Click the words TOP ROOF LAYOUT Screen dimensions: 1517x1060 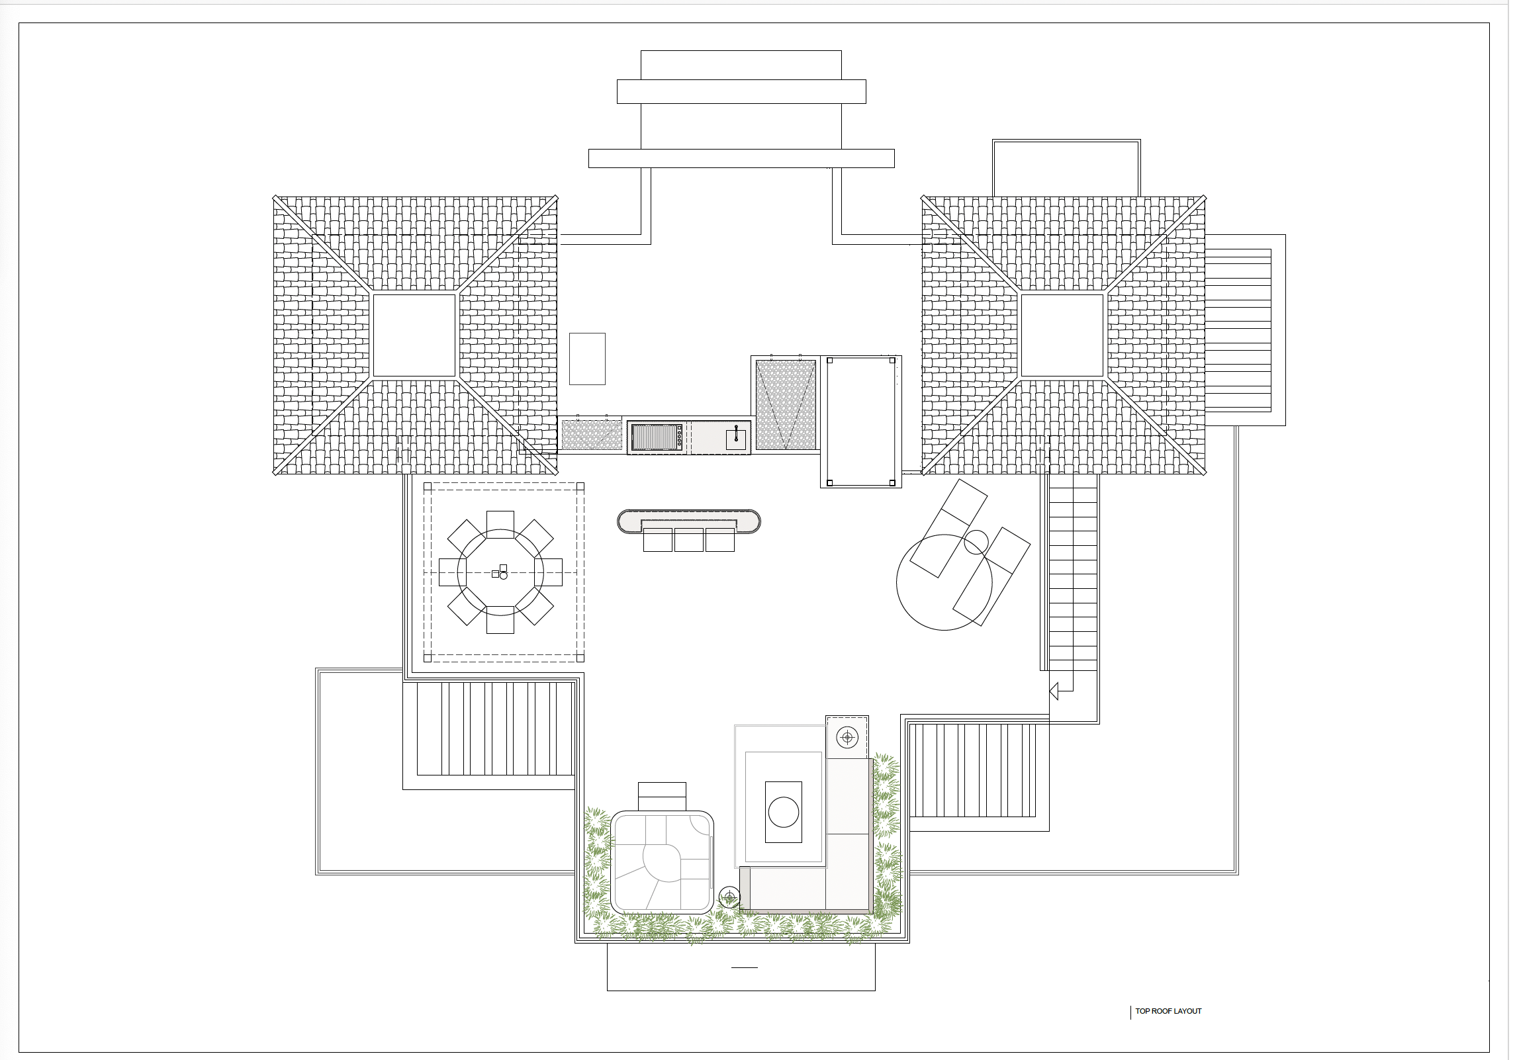1168,1011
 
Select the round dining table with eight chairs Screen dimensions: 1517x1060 500,572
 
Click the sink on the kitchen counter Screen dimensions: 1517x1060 736,438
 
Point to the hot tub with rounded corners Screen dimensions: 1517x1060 662,862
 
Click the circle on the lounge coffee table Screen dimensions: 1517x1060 784,812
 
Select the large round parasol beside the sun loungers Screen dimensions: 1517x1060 944,582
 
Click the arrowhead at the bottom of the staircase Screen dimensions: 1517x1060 1054,691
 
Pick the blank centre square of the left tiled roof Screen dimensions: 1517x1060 415,335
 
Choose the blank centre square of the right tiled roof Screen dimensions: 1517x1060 1063,335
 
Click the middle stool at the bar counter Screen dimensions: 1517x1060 689,540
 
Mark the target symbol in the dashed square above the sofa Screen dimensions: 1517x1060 847,736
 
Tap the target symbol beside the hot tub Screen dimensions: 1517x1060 729,897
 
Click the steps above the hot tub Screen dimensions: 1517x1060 662,796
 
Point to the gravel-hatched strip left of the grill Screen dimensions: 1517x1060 592,435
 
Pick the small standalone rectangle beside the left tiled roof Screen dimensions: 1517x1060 587,359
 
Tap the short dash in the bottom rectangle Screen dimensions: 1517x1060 745,967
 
